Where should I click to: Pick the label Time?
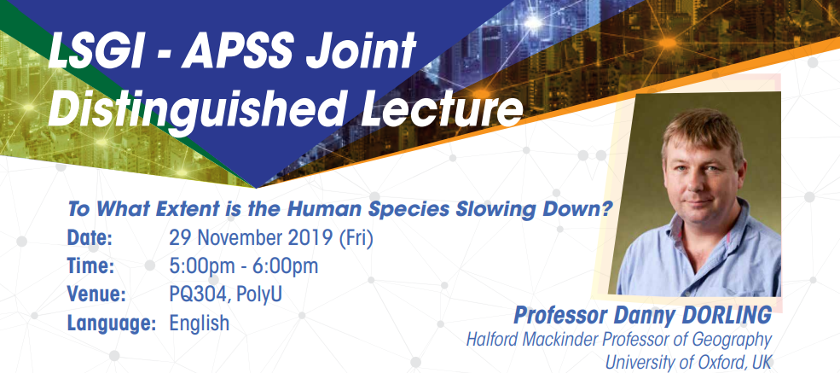(x=90, y=266)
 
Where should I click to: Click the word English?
(x=199, y=323)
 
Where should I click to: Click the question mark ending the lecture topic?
(x=609, y=209)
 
